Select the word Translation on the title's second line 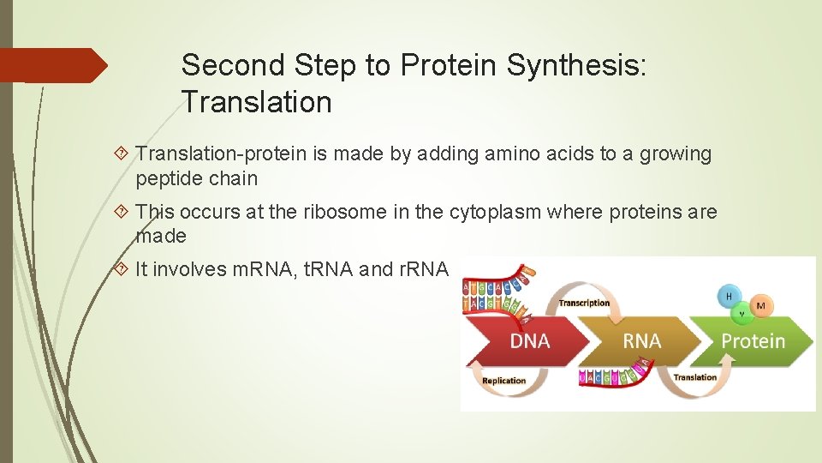256,102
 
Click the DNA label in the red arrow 529,341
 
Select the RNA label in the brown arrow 641,341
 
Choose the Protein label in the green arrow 753,341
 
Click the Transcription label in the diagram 584,303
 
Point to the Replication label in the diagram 504,381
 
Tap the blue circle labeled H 729,296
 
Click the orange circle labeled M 759,305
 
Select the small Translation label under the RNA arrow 695,377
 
